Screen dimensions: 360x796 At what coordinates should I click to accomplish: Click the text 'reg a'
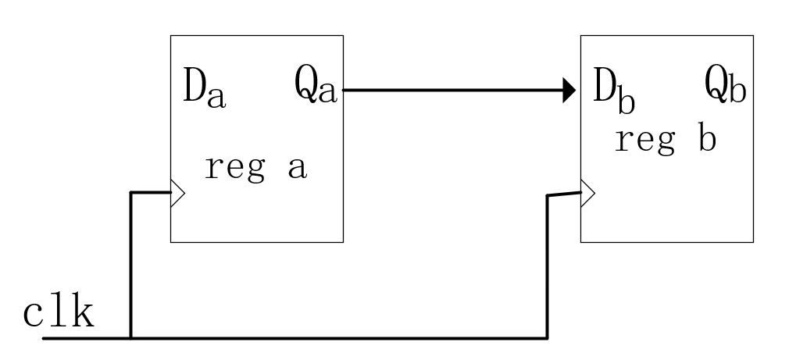(x=255, y=168)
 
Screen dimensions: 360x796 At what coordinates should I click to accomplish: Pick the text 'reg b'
(x=665, y=141)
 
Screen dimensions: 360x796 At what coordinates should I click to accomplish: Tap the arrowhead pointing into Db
(x=569, y=91)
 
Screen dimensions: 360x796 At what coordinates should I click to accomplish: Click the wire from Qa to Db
(x=453, y=91)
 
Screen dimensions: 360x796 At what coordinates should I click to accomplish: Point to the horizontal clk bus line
(x=336, y=338)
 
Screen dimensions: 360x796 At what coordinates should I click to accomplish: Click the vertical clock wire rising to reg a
(x=130, y=266)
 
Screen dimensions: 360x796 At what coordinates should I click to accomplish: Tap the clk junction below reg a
(x=130, y=338)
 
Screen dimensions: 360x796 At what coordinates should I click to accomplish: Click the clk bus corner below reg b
(x=546, y=338)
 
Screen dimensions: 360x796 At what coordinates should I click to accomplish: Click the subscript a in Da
(x=217, y=97)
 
